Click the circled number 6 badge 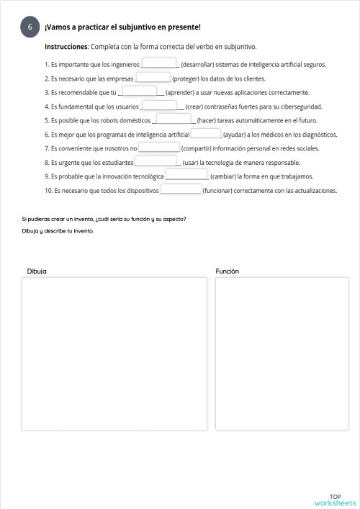pos(30,27)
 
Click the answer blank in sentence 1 pos(160,63)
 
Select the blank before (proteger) pos(153,78)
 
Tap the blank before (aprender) pos(139,91)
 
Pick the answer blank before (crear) pos(159,105)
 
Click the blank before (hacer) pos(174,120)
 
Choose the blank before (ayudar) pos(206,134)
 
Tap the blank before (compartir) pos(159,148)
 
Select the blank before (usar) pos(156,162)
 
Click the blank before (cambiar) pos(186,176)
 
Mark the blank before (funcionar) pos(181,190)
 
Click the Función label pos(227,271)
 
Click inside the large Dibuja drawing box pos(113,353)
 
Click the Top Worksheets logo pos(335,500)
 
